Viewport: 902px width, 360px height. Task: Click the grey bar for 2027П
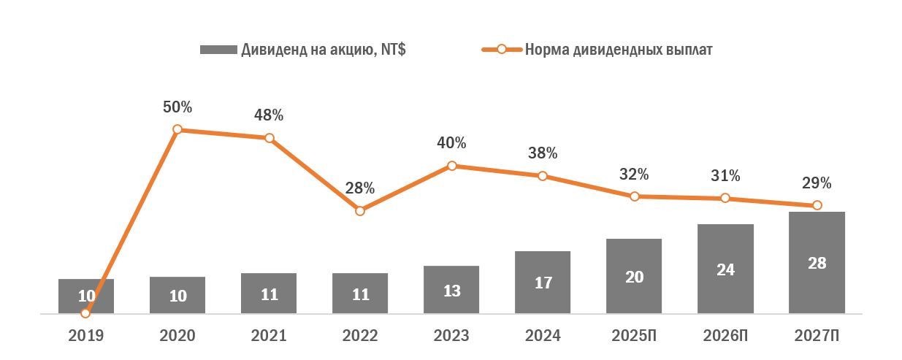pos(817,263)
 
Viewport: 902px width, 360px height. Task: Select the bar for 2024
pos(543,283)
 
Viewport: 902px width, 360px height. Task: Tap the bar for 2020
pos(177,295)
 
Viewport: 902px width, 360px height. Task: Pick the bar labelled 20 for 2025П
pos(634,276)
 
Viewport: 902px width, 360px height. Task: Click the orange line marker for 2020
pos(177,129)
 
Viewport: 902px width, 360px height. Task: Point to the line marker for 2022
pos(360,210)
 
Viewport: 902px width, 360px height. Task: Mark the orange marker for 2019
pos(85,313)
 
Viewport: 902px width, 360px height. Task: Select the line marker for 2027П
pos(817,205)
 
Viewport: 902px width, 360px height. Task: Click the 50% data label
pos(177,107)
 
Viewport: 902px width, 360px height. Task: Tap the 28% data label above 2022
pos(360,188)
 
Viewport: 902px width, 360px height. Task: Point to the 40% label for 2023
pos(451,143)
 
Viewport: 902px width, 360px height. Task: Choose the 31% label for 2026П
pos(725,176)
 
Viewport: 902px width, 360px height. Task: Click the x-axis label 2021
pos(269,336)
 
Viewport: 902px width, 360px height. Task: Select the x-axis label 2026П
pos(725,336)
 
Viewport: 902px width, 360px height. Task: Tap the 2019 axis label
pos(85,336)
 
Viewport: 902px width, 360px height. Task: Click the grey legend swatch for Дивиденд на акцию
pos(218,50)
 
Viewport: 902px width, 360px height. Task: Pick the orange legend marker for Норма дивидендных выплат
pos(501,50)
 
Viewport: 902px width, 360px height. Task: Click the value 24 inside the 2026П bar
pos(725,269)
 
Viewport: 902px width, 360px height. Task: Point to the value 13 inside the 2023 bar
pos(451,291)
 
